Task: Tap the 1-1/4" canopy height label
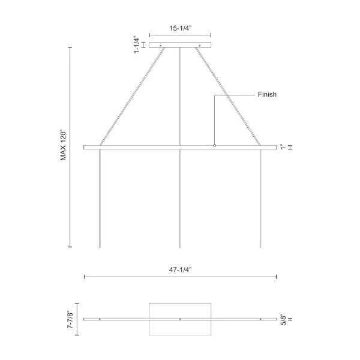(137, 44)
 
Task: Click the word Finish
(267, 95)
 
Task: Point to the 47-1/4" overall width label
(180, 270)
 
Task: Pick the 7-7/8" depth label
(70, 319)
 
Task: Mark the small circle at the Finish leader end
(215, 145)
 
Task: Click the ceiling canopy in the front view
(180, 45)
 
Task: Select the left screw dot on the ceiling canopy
(160, 45)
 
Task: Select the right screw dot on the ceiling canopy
(200, 45)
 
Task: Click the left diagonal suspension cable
(132, 96)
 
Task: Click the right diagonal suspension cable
(228, 96)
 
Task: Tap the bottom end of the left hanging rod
(99, 247)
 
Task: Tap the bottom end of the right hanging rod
(260, 247)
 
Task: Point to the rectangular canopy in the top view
(180, 309)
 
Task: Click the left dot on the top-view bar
(100, 319)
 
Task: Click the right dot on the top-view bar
(260, 319)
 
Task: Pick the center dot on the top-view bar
(180, 319)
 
